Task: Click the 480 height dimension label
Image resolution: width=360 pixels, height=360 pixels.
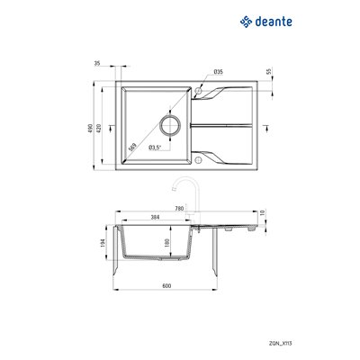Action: (x=103, y=128)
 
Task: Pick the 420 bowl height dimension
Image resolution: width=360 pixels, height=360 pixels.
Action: (x=111, y=128)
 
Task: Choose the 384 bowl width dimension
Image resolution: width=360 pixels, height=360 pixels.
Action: (x=154, y=219)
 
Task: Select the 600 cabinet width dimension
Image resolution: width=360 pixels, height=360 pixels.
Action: (x=166, y=285)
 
